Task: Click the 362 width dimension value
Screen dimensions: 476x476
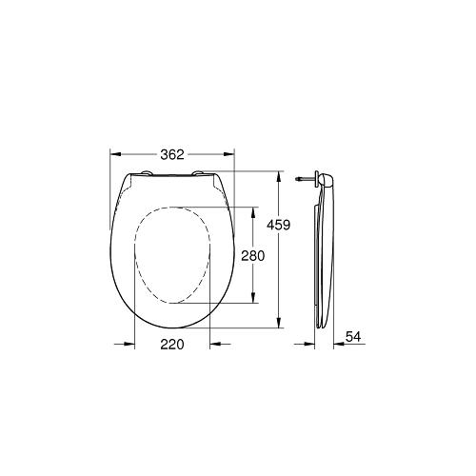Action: coord(170,155)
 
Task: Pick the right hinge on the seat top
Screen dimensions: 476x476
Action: coord(203,174)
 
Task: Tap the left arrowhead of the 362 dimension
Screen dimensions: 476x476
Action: coord(116,153)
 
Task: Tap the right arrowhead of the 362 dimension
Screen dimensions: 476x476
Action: coord(229,153)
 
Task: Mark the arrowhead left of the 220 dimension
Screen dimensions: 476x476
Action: coord(129,344)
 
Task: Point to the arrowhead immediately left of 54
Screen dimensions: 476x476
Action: coord(335,344)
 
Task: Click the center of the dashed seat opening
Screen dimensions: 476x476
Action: coord(173,256)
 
